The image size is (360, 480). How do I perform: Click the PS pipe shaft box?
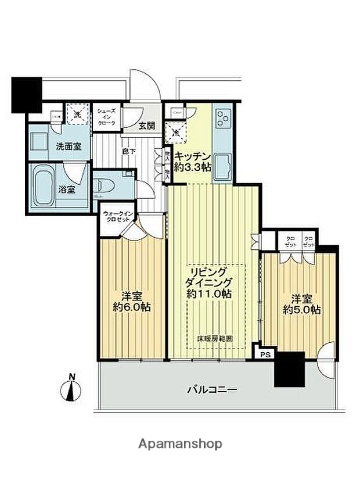click(x=265, y=352)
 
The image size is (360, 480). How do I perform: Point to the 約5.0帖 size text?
click(x=301, y=310)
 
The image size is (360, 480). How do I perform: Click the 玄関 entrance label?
click(x=147, y=125)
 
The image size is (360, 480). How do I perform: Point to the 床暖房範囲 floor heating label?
click(x=213, y=339)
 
